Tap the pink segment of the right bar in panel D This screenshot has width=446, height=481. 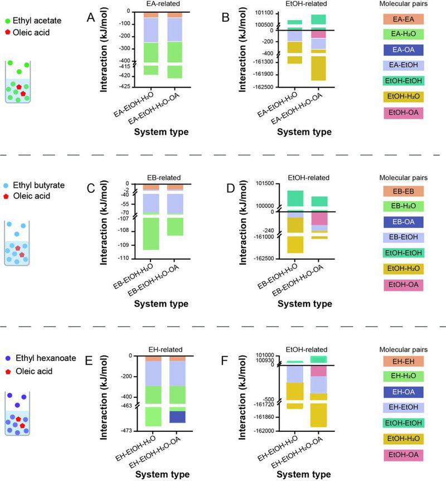pyautogui.click(x=319, y=218)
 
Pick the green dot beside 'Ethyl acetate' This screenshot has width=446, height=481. pyautogui.click(x=7, y=21)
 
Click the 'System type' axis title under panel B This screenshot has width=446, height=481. pyautogui.click(x=304, y=133)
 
